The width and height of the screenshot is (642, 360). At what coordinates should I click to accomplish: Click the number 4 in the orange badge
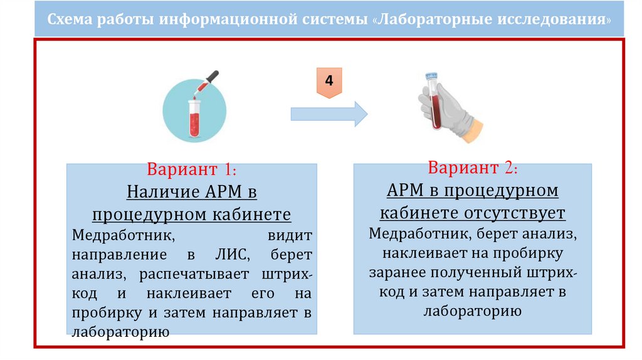click(x=329, y=83)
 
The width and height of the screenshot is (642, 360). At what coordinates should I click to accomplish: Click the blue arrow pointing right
click(x=329, y=114)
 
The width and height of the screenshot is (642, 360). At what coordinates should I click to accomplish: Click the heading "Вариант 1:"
click(x=191, y=170)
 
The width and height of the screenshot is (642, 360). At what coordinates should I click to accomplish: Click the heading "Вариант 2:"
click(x=472, y=168)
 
